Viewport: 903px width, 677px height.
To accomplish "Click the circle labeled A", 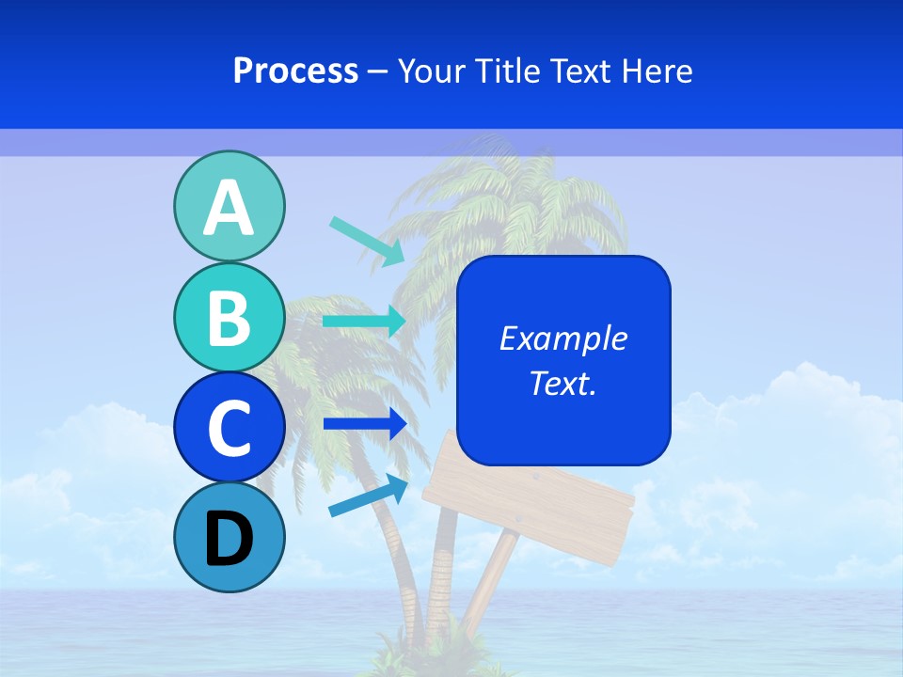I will pyautogui.click(x=229, y=206).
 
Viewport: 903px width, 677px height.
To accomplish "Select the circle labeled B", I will pyautogui.click(x=229, y=317).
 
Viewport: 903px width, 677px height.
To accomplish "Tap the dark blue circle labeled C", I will pyautogui.click(x=229, y=427).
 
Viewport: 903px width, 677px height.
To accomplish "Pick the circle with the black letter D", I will pyautogui.click(x=229, y=537).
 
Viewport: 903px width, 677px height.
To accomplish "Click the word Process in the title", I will pyautogui.click(x=295, y=71).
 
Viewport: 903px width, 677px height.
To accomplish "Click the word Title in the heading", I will pyautogui.click(x=502, y=71).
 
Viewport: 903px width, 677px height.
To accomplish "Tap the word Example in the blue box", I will pyautogui.click(x=562, y=338).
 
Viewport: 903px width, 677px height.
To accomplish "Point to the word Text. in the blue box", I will pyautogui.click(x=562, y=383).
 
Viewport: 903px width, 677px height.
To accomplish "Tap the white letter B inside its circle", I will pyautogui.click(x=229, y=318).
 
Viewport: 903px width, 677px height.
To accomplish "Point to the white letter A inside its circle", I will pyautogui.click(x=229, y=207).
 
